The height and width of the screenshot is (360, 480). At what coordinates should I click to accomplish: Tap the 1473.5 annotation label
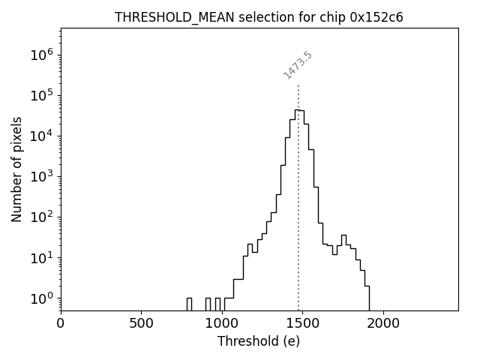click(298, 65)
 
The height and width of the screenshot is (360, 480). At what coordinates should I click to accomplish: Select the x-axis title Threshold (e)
click(259, 341)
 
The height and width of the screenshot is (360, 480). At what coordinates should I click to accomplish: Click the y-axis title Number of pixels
click(16, 169)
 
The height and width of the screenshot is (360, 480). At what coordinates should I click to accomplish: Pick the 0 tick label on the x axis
click(61, 323)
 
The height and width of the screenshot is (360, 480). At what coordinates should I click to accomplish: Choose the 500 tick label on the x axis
click(141, 323)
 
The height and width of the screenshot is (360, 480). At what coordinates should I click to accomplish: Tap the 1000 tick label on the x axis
click(222, 323)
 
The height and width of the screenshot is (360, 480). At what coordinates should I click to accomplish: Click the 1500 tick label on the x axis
click(302, 323)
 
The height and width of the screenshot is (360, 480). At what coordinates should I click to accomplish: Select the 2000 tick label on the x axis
click(383, 323)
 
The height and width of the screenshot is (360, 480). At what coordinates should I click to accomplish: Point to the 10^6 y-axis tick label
click(42, 55)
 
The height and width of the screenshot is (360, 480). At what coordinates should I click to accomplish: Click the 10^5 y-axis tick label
click(42, 95)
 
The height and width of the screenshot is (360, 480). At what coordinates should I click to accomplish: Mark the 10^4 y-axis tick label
click(42, 136)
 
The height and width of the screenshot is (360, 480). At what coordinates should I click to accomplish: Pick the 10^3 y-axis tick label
click(42, 176)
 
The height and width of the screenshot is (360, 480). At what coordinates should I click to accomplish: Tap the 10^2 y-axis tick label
click(42, 217)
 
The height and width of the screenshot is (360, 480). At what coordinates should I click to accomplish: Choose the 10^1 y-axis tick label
click(42, 258)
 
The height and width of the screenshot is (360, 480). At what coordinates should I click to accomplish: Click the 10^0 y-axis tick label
click(42, 298)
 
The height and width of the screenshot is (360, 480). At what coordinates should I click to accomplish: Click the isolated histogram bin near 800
click(189, 304)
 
